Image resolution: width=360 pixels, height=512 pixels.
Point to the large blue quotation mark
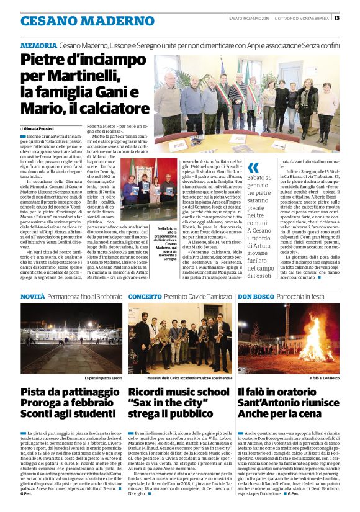(253, 168)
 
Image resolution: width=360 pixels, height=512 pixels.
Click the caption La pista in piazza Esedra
(100, 377)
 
